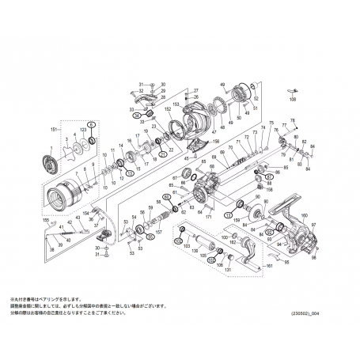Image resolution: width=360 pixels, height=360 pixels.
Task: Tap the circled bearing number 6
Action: tap(90, 124)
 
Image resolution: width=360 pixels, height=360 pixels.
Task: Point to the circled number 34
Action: tap(136, 116)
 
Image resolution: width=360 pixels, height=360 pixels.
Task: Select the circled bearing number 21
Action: tap(163, 153)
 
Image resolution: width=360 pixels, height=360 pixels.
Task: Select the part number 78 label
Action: tap(293, 119)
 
